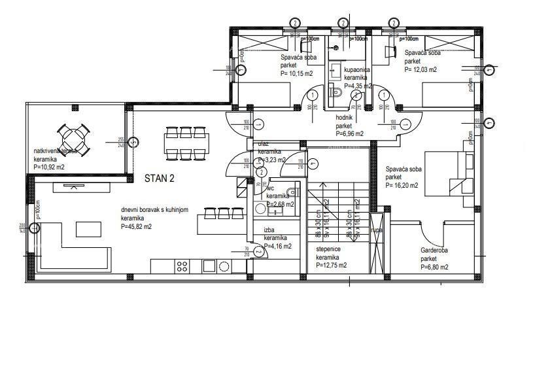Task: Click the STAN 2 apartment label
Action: click(159, 177)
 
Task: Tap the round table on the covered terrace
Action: click(73, 138)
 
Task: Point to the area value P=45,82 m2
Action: click(136, 226)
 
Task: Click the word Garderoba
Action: click(434, 250)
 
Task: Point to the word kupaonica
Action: click(357, 69)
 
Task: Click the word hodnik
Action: click(344, 118)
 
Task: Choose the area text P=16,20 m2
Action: click(402, 185)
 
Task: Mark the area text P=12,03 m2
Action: click(421, 69)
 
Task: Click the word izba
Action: click(269, 230)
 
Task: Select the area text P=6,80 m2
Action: click(434, 267)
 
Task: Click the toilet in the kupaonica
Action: click(336, 93)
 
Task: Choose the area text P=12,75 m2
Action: click(331, 265)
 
